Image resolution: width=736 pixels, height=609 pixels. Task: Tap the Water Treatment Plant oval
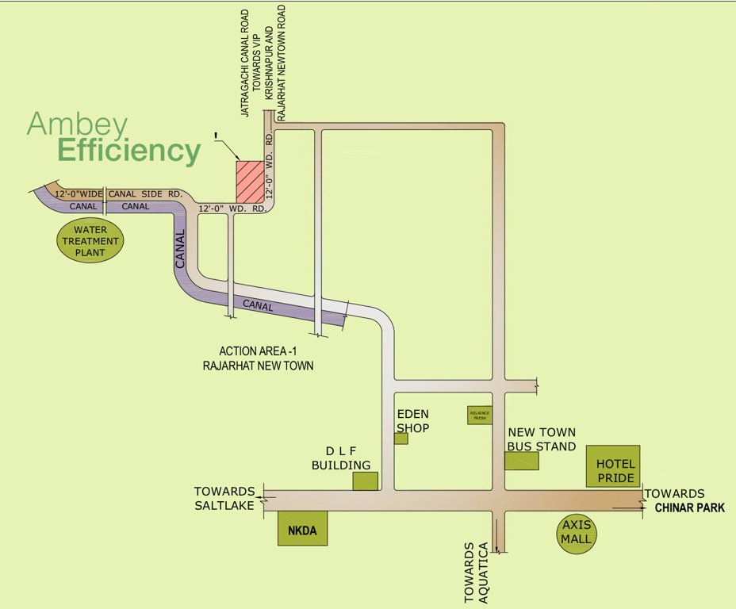[x=90, y=241]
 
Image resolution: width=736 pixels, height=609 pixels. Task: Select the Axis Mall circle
[x=577, y=532]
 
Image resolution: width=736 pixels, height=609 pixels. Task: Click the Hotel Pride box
[x=615, y=465]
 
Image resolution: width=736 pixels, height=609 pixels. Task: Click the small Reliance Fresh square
[x=480, y=415]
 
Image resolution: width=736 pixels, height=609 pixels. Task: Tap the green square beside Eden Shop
[x=401, y=439]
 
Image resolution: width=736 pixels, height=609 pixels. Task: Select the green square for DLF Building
[x=366, y=481]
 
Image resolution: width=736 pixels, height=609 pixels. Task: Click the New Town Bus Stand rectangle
[x=521, y=461]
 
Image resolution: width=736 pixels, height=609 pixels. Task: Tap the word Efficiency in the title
[x=128, y=151]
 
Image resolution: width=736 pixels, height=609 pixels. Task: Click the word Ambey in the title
[x=77, y=123]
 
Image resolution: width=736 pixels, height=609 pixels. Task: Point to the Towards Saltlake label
[x=224, y=499]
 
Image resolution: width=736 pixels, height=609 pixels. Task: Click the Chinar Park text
[x=689, y=508]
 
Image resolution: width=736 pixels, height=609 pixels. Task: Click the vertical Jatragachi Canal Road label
[x=246, y=63]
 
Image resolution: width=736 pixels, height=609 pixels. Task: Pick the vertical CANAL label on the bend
[x=180, y=250]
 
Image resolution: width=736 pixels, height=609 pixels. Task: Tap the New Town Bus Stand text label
[x=542, y=439]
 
